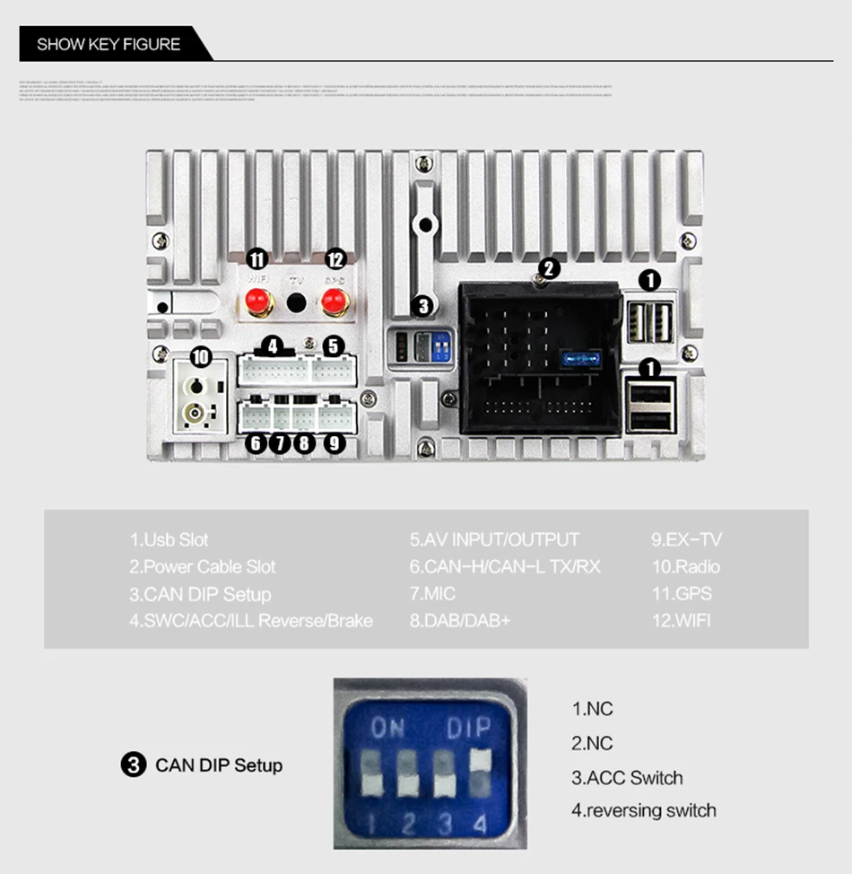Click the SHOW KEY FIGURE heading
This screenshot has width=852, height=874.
coord(109,44)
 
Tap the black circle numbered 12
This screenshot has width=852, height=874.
coord(335,259)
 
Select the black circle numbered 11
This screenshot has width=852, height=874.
coord(257,259)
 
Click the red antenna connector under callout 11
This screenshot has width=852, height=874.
coord(257,304)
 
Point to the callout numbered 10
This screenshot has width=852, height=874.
coord(200,357)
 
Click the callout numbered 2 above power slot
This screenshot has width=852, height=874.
coord(550,267)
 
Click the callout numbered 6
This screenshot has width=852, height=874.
coord(256,442)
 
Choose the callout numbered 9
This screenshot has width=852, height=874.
coord(334,442)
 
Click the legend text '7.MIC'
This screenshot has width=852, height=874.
coord(434,593)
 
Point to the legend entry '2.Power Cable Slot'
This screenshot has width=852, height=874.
coord(203,566)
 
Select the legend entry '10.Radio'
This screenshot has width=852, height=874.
coord(685,566)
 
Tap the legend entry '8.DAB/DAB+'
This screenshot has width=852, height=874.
coord(460,620)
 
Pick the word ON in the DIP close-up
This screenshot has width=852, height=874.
coord(387,728)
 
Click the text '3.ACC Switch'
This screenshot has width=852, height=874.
coord(627,777)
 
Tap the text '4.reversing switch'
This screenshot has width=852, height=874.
coord(643,810)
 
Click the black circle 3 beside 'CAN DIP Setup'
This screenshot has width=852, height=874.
coord(133,765)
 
